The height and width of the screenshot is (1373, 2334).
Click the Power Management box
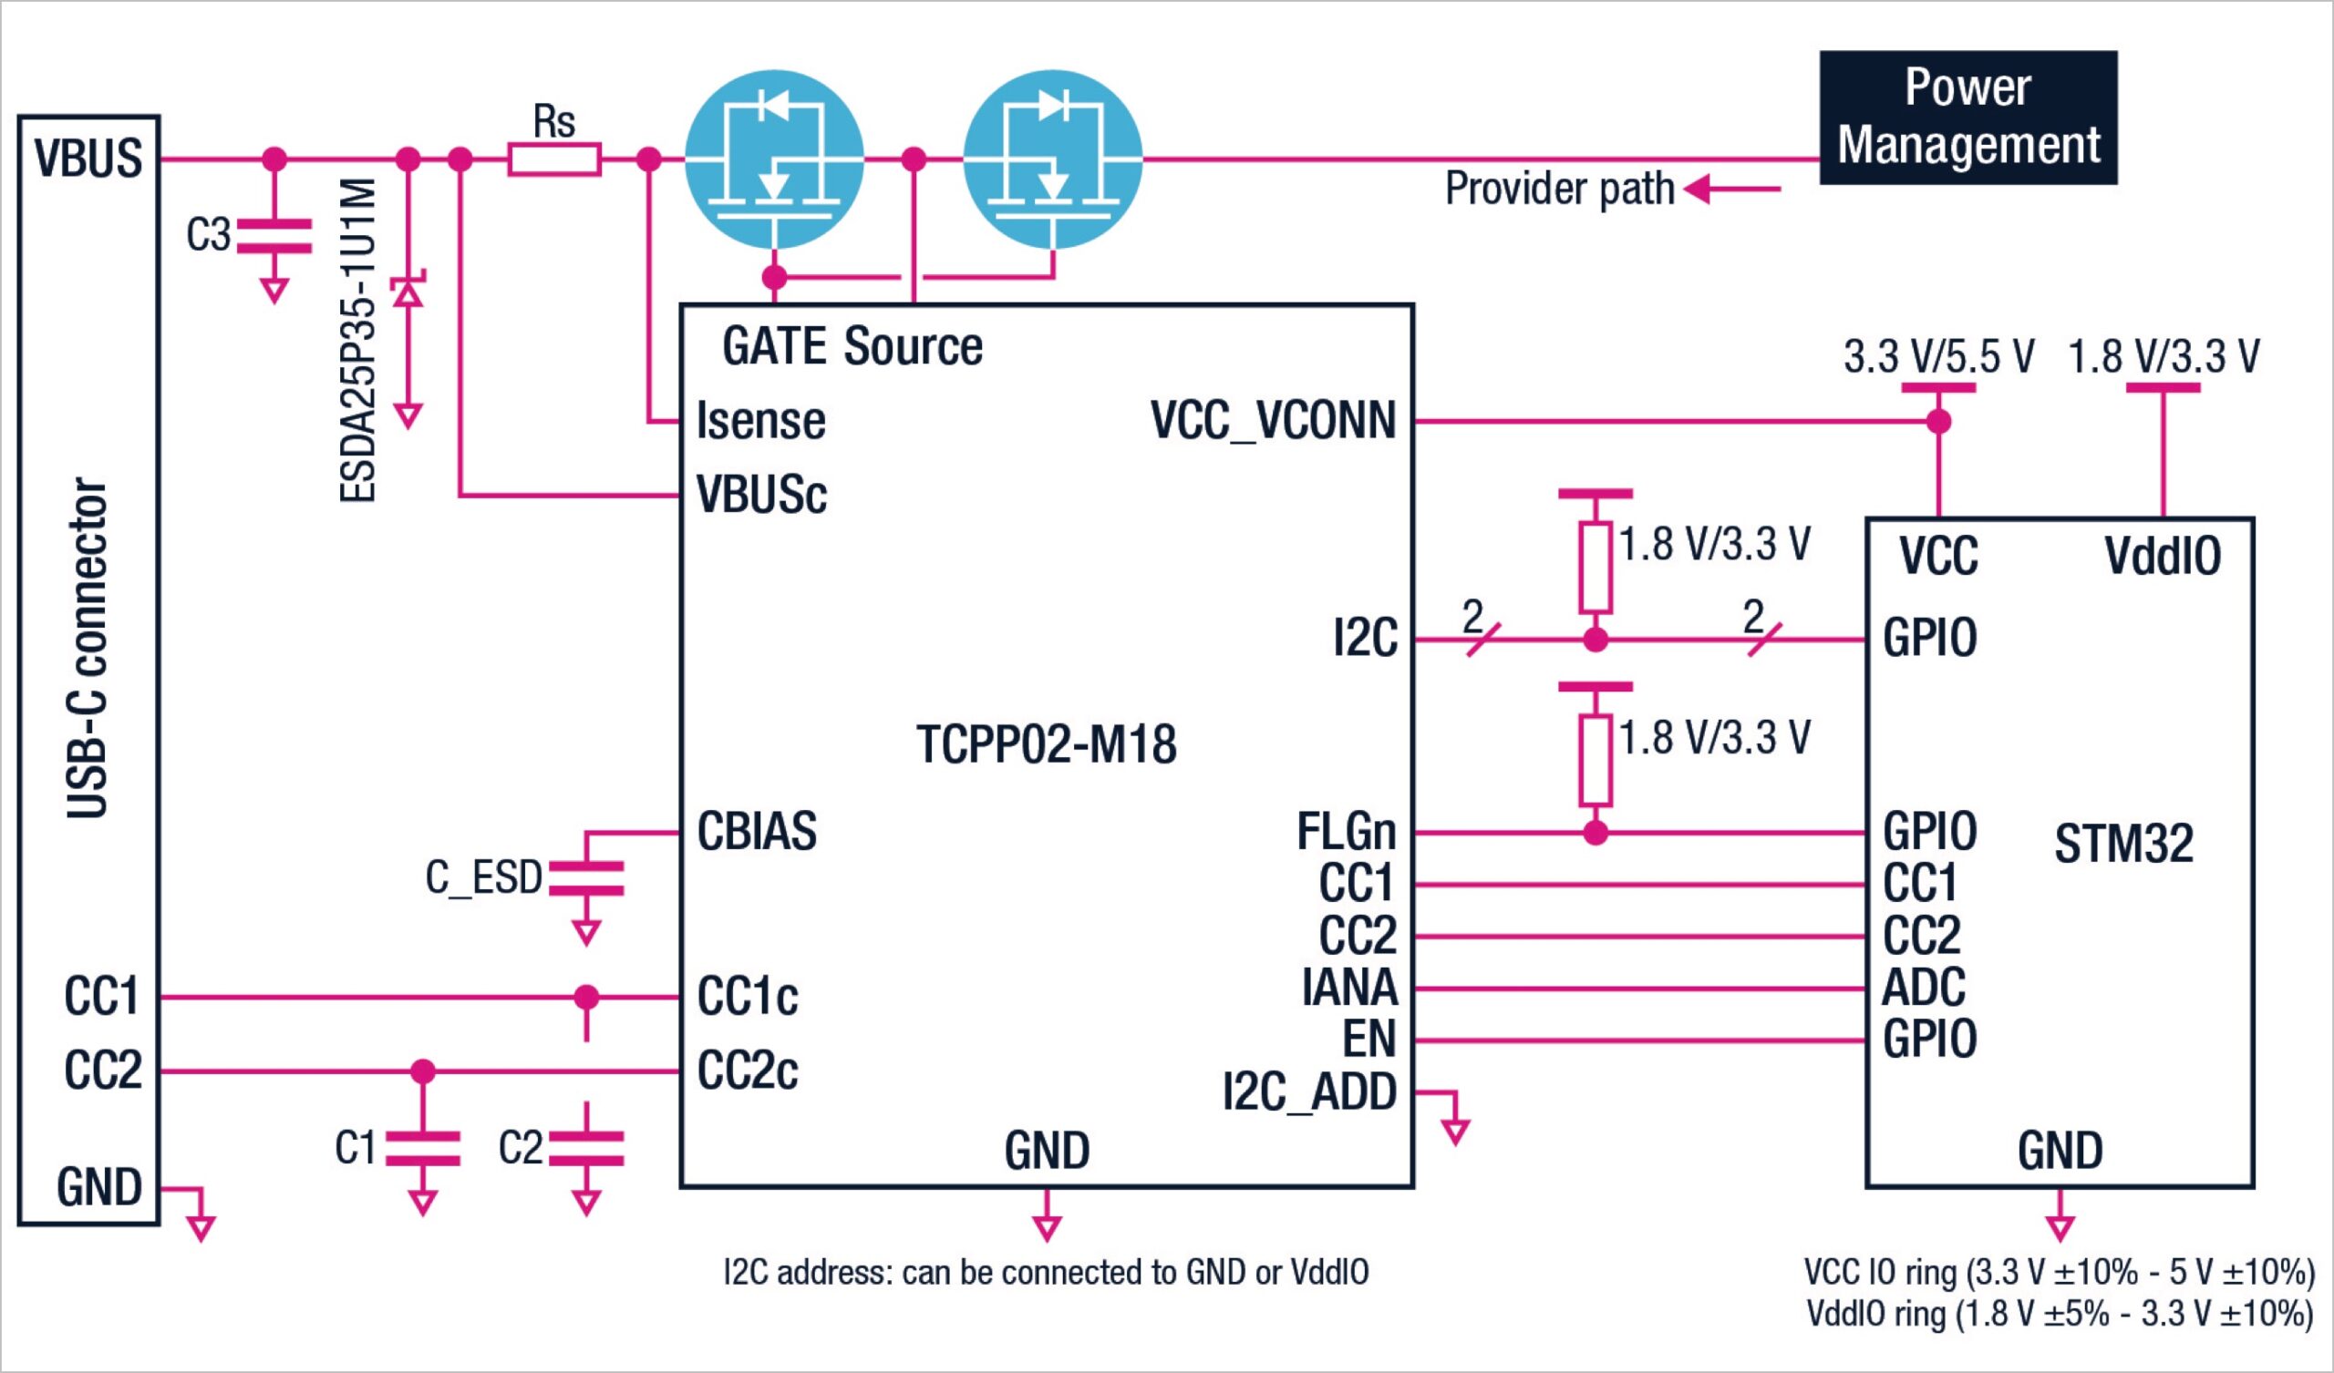pos(1967,118)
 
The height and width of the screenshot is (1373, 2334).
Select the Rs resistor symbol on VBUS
pos(553,159)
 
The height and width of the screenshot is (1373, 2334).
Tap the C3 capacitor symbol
pos(274,236)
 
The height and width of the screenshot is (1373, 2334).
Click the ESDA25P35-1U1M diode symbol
pos(408,293)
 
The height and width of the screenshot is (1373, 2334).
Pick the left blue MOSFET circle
pos(774,159)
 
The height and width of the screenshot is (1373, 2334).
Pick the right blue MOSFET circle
pos(1052,159)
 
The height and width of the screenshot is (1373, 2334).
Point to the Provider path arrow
pos(1730,189)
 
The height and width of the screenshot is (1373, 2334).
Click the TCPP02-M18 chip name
pos(1046,743)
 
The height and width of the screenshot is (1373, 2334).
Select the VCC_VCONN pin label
pos(1273,420)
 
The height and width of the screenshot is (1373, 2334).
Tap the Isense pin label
pos(760,420)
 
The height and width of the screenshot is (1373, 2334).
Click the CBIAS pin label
pos(757,831)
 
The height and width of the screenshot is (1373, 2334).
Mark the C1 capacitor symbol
pos(422,1147)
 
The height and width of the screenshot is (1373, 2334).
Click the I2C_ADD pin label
pos(1308,1091)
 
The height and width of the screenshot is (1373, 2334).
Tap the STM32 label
pos(2122,844)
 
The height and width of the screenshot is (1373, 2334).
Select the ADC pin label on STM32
pos(1923,987)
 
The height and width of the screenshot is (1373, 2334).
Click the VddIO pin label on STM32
pos(2162,556)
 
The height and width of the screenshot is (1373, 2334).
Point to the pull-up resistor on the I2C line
pos(1595,568)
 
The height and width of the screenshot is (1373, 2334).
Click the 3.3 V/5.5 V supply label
pos(1937,356)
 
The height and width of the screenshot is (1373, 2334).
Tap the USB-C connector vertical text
pos(88,648)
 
